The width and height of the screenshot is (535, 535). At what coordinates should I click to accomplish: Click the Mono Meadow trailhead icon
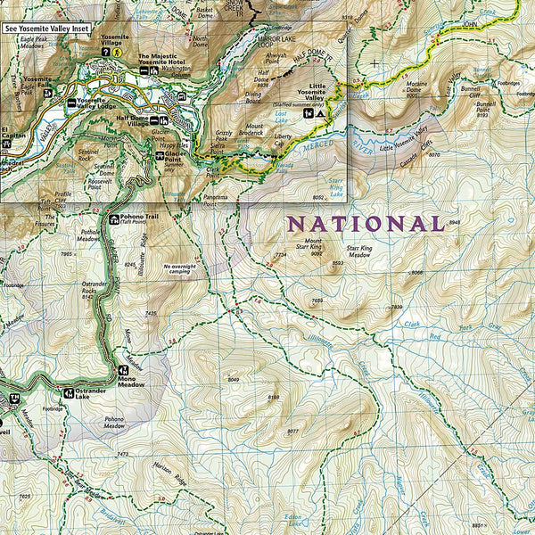(123, 370)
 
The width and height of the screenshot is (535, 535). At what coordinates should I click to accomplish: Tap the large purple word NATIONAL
(365, 225)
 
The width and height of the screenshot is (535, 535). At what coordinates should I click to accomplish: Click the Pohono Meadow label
(114, 423)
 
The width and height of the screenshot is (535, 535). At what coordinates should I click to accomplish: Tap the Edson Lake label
(293, 519)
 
